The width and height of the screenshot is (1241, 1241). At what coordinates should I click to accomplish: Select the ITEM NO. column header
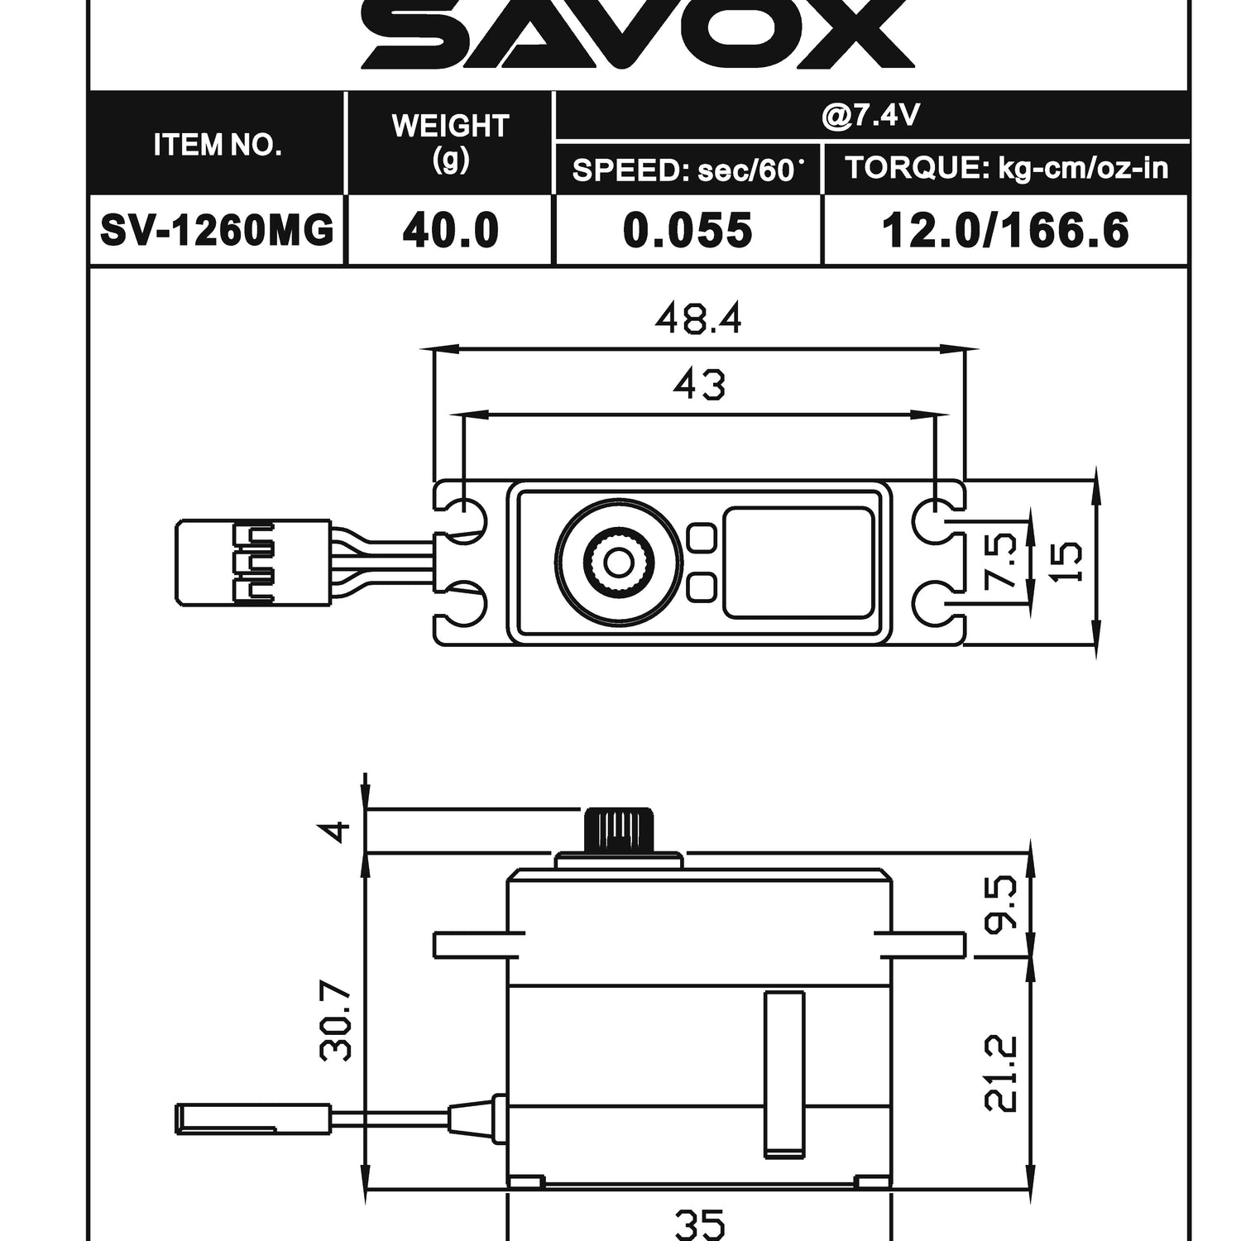pos(217,145)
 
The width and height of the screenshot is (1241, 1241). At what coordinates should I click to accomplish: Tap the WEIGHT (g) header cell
pos(449,142)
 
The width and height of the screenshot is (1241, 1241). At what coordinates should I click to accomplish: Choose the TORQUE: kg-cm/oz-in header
pos(1006,168)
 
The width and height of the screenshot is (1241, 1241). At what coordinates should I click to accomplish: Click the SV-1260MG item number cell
pos(217,230)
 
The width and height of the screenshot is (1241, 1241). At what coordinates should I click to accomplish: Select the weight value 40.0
pos(450,230)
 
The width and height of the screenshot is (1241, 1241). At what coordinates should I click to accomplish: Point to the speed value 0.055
pos(688,230)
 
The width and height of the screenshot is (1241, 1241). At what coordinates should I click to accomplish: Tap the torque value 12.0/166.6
pos(1004,230)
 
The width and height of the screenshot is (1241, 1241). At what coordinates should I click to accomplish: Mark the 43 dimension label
pos(699,385)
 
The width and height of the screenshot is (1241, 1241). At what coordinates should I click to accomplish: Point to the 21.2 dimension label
pos(1002,1073)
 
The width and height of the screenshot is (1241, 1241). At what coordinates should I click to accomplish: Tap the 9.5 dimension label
pos(1002,903)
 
